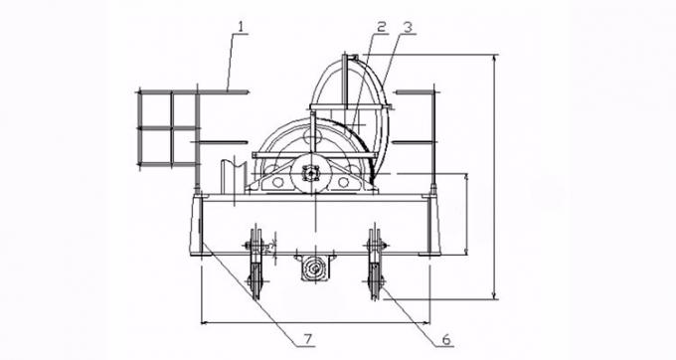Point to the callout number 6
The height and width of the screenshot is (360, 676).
(446, 337)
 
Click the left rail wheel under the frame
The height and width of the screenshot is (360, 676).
(254, 264)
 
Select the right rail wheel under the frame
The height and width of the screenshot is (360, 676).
(377, 264)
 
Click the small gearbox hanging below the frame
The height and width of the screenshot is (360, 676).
(314, 268)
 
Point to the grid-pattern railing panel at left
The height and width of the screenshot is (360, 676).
(166, 128)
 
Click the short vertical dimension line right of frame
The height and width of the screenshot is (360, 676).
(465, 213)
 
